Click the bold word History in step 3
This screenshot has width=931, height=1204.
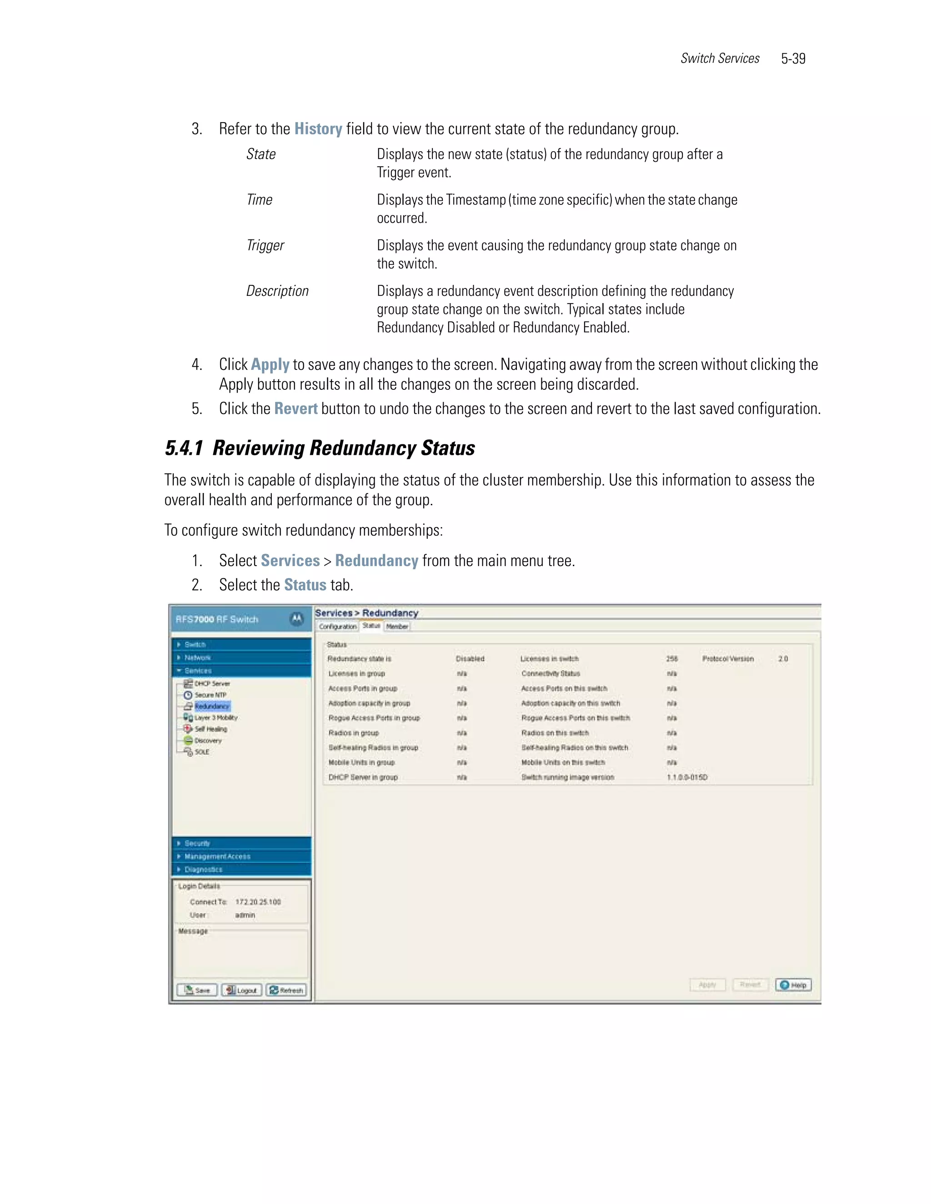pyautogui.click(x=318, y=129)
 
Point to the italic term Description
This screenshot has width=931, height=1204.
pyautogui.click(x=277, y=291)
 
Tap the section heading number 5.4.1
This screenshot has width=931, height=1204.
pyautogui.click(x=184, y=448)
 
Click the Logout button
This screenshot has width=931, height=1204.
pyautogui.click(x=241, y=990)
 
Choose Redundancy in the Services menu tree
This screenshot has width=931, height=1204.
pyautogui.click(x=211, y=706)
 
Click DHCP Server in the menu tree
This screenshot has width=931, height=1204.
pyautogui.click(x=212, y=684)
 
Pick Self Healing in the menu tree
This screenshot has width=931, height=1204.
pyautogui.click(x=210, y=729)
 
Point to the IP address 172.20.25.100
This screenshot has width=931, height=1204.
pyautogui.click(x=258, y=902)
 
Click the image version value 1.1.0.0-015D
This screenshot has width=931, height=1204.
pyautogui.click(x=687, y=777)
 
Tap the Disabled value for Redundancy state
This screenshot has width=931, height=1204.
pyautogui.click(x=470, y=659)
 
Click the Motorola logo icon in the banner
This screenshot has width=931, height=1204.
pyautogui.click(x=297, y=619)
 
